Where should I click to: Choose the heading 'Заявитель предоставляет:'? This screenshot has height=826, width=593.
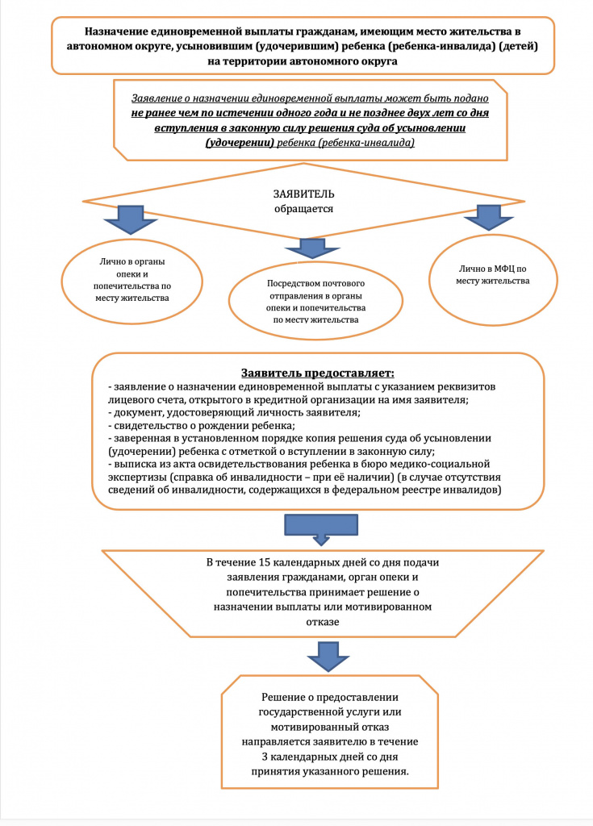(318, 373)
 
